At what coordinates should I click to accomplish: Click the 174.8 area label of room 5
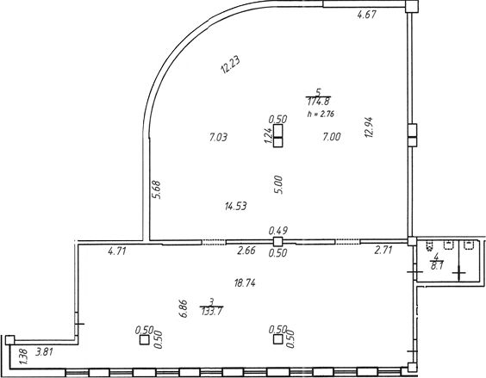tap(318, 102)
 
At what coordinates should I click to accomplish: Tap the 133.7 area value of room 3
tap(212, 312)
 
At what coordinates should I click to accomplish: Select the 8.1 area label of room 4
tap(437, 265)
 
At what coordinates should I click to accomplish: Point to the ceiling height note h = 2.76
tap(321, 114)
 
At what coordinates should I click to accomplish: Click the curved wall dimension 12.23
tap(231, 64)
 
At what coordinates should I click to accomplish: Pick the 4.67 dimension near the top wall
tap(367, 15)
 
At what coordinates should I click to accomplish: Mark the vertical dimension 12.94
tap(369, 127)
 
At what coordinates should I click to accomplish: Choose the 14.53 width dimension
tap(236, 206)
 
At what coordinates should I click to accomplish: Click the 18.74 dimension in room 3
tap(245, 282)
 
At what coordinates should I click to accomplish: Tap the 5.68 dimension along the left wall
tap(156, 189)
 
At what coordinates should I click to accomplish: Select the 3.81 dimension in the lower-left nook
tap(44, 352)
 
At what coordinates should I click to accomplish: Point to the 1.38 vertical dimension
tap(23, 356)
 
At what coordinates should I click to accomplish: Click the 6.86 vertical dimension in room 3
tap(184, 308)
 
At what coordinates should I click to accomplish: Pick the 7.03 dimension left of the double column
tap(219, 137)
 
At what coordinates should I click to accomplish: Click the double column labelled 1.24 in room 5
tap(278, 136)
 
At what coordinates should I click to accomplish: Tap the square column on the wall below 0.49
tap(278, 242)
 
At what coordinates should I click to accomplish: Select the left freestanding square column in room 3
tap(145, 340)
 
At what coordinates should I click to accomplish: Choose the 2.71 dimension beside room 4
tap(383, 250)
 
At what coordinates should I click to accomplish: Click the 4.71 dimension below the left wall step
tap(117, 251)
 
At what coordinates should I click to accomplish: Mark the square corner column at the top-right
tap(411, 6)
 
